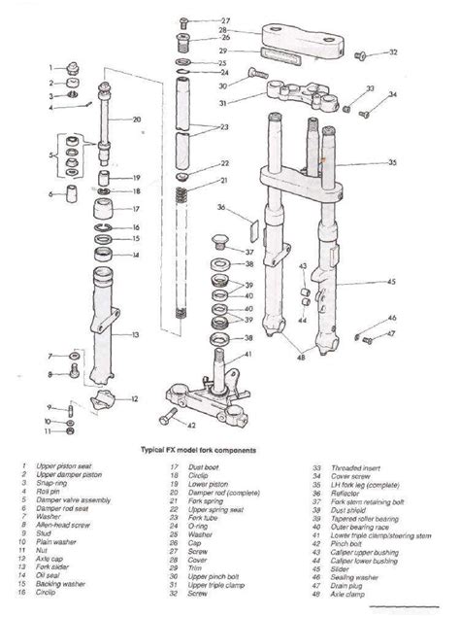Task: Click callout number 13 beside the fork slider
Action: (136, 335)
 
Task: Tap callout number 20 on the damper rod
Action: (137, 120)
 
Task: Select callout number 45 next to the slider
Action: (391, 282)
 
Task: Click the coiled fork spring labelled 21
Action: (180, 195)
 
